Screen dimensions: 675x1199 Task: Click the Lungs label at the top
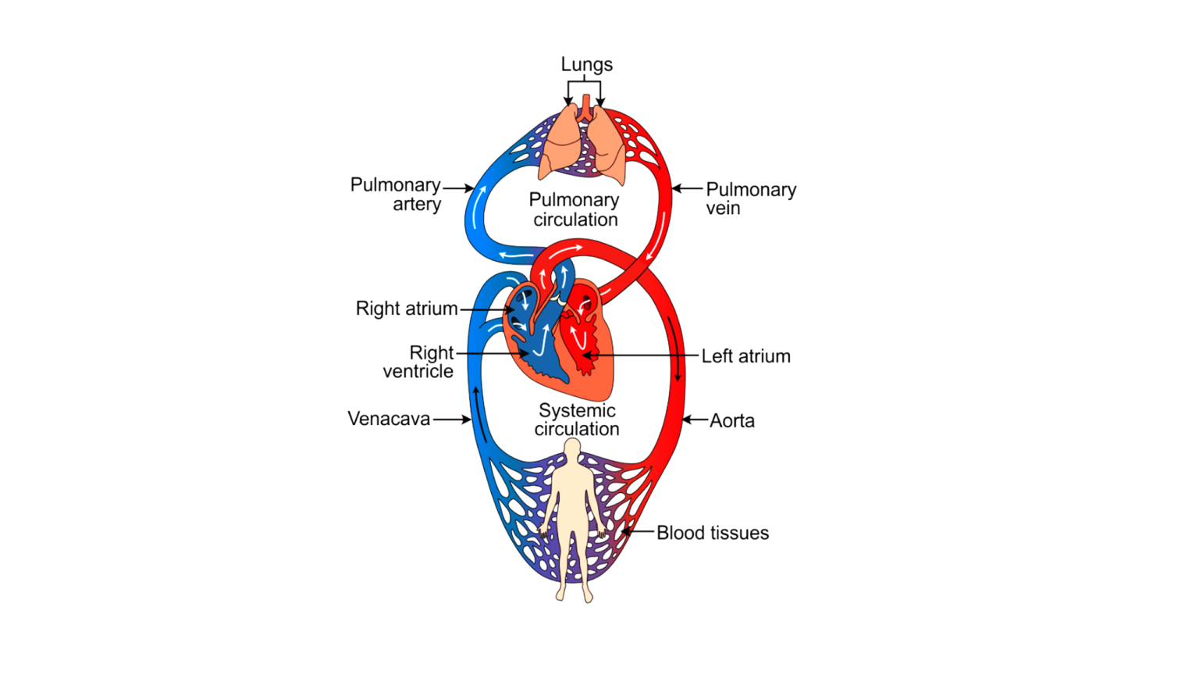586,65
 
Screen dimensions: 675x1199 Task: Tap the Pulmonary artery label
396,195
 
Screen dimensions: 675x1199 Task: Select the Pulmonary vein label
750,198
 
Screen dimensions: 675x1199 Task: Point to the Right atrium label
407,309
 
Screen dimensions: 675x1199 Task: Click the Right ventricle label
419,362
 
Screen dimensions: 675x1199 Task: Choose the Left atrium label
745,356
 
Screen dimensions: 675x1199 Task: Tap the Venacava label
389,420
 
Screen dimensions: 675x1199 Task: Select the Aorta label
732,421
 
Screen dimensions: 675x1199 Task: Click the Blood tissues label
712,533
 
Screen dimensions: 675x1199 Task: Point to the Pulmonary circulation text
575,209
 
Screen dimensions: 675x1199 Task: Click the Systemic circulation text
577,420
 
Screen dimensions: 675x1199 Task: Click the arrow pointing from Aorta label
695,420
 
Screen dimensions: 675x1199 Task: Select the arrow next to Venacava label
452,420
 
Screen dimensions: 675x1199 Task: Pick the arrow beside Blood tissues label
638,532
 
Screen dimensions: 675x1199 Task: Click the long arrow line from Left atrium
640,356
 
